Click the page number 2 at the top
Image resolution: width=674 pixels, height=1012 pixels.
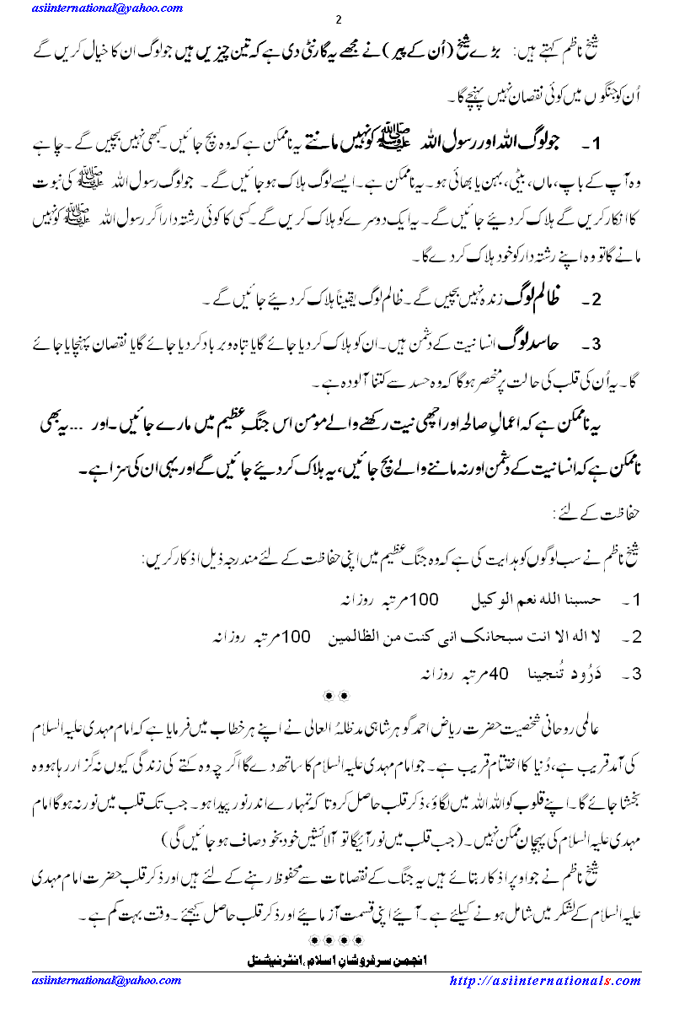[x=337, y=21]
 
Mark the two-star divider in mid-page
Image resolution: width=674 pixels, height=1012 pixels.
[x=337, y=695]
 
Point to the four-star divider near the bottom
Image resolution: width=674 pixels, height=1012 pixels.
[x=337, y=939]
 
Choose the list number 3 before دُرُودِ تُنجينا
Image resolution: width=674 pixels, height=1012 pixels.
[x=638, y=674]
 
